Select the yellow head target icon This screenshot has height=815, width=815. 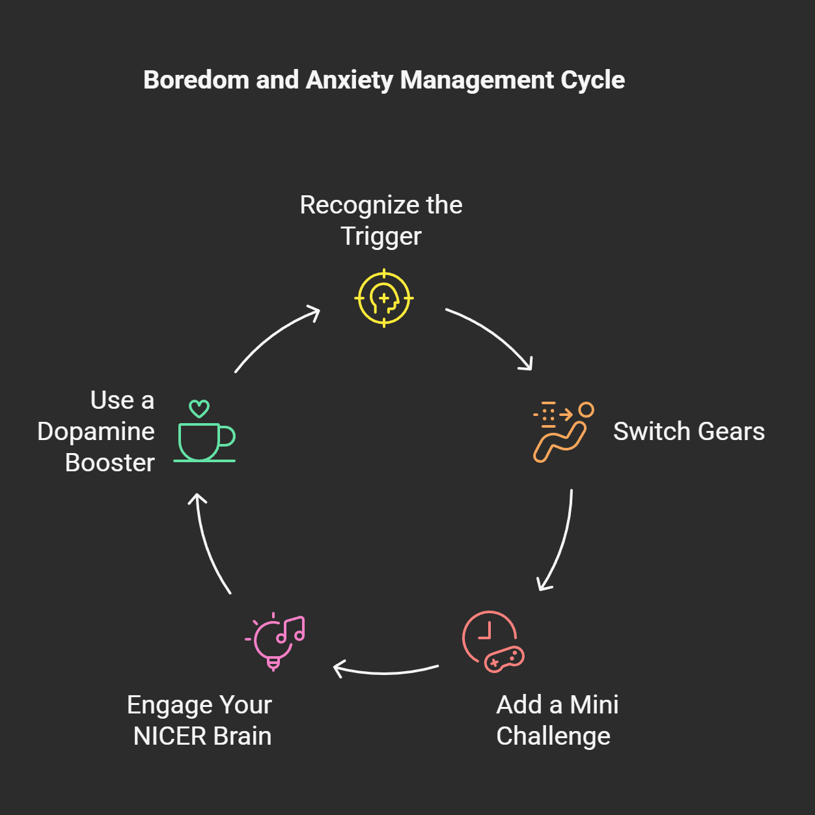tap(384, 298)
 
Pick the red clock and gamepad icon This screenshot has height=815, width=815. tap(492, 642)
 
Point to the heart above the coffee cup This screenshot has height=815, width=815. tap(199, 409)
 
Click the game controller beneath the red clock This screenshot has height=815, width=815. tap(504, 659)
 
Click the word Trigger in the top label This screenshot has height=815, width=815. tap(381, 236)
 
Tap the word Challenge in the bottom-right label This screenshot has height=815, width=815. tap(553, 736)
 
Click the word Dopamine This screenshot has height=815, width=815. tap(96, 432)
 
